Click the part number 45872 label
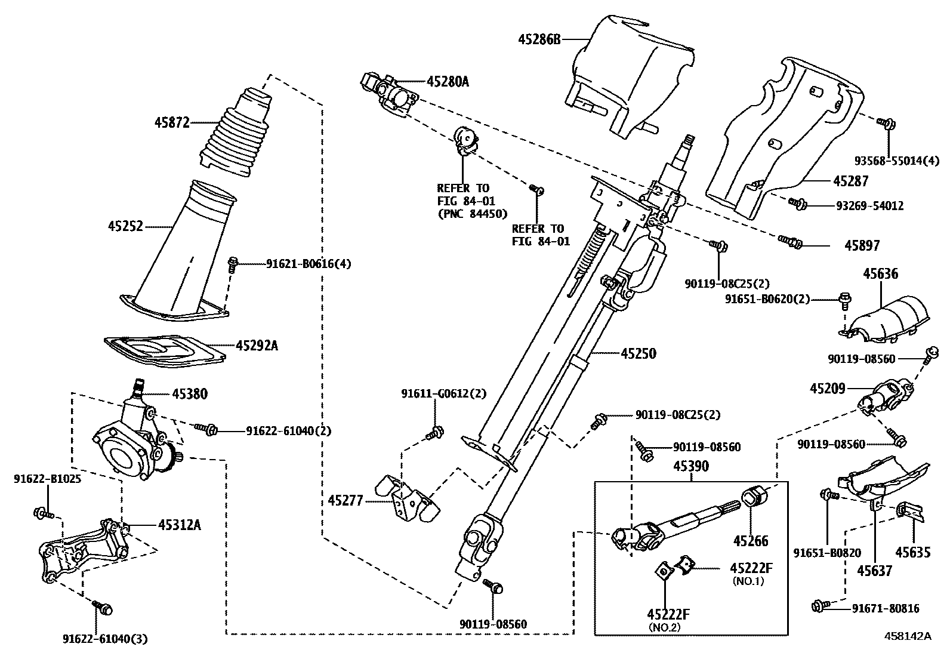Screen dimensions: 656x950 [172, 123]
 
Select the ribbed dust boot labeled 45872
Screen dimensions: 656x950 [233, 136]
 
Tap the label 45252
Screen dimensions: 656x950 [125, 226]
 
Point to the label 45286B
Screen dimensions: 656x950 [539, 39]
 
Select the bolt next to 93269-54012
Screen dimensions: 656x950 [798, 204]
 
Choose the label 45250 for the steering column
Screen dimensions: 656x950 [638, 353]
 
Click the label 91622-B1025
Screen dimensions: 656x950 [47, 478]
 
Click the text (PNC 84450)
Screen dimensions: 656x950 [472, 213]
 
